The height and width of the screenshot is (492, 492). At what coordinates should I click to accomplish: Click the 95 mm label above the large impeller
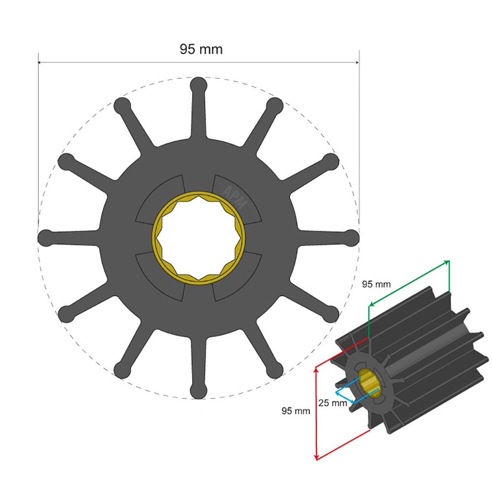pyautogui.click(x=201, y=49)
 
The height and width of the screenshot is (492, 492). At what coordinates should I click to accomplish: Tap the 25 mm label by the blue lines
pyautogui.click(x=333, y=403)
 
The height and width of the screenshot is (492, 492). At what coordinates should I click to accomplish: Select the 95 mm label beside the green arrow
pyautogui.click(x=376, y=284)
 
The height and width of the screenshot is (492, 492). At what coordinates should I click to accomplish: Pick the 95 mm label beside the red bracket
pyautogui.click(x=296, y=410)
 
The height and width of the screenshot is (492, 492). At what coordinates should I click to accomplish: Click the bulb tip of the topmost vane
pyautogui.click(x=198, y=85)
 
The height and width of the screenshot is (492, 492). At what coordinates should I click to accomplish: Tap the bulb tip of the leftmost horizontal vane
pyautogui.click(x=46, y=238)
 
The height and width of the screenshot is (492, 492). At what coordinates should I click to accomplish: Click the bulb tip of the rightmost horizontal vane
pyautogui.click(x=352, y=237)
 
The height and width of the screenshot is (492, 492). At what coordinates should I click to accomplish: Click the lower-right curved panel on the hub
pyautogui.click(x=236, y=276)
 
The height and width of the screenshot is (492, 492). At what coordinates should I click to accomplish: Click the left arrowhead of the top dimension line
pyautogui.click(x=41, y=62)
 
